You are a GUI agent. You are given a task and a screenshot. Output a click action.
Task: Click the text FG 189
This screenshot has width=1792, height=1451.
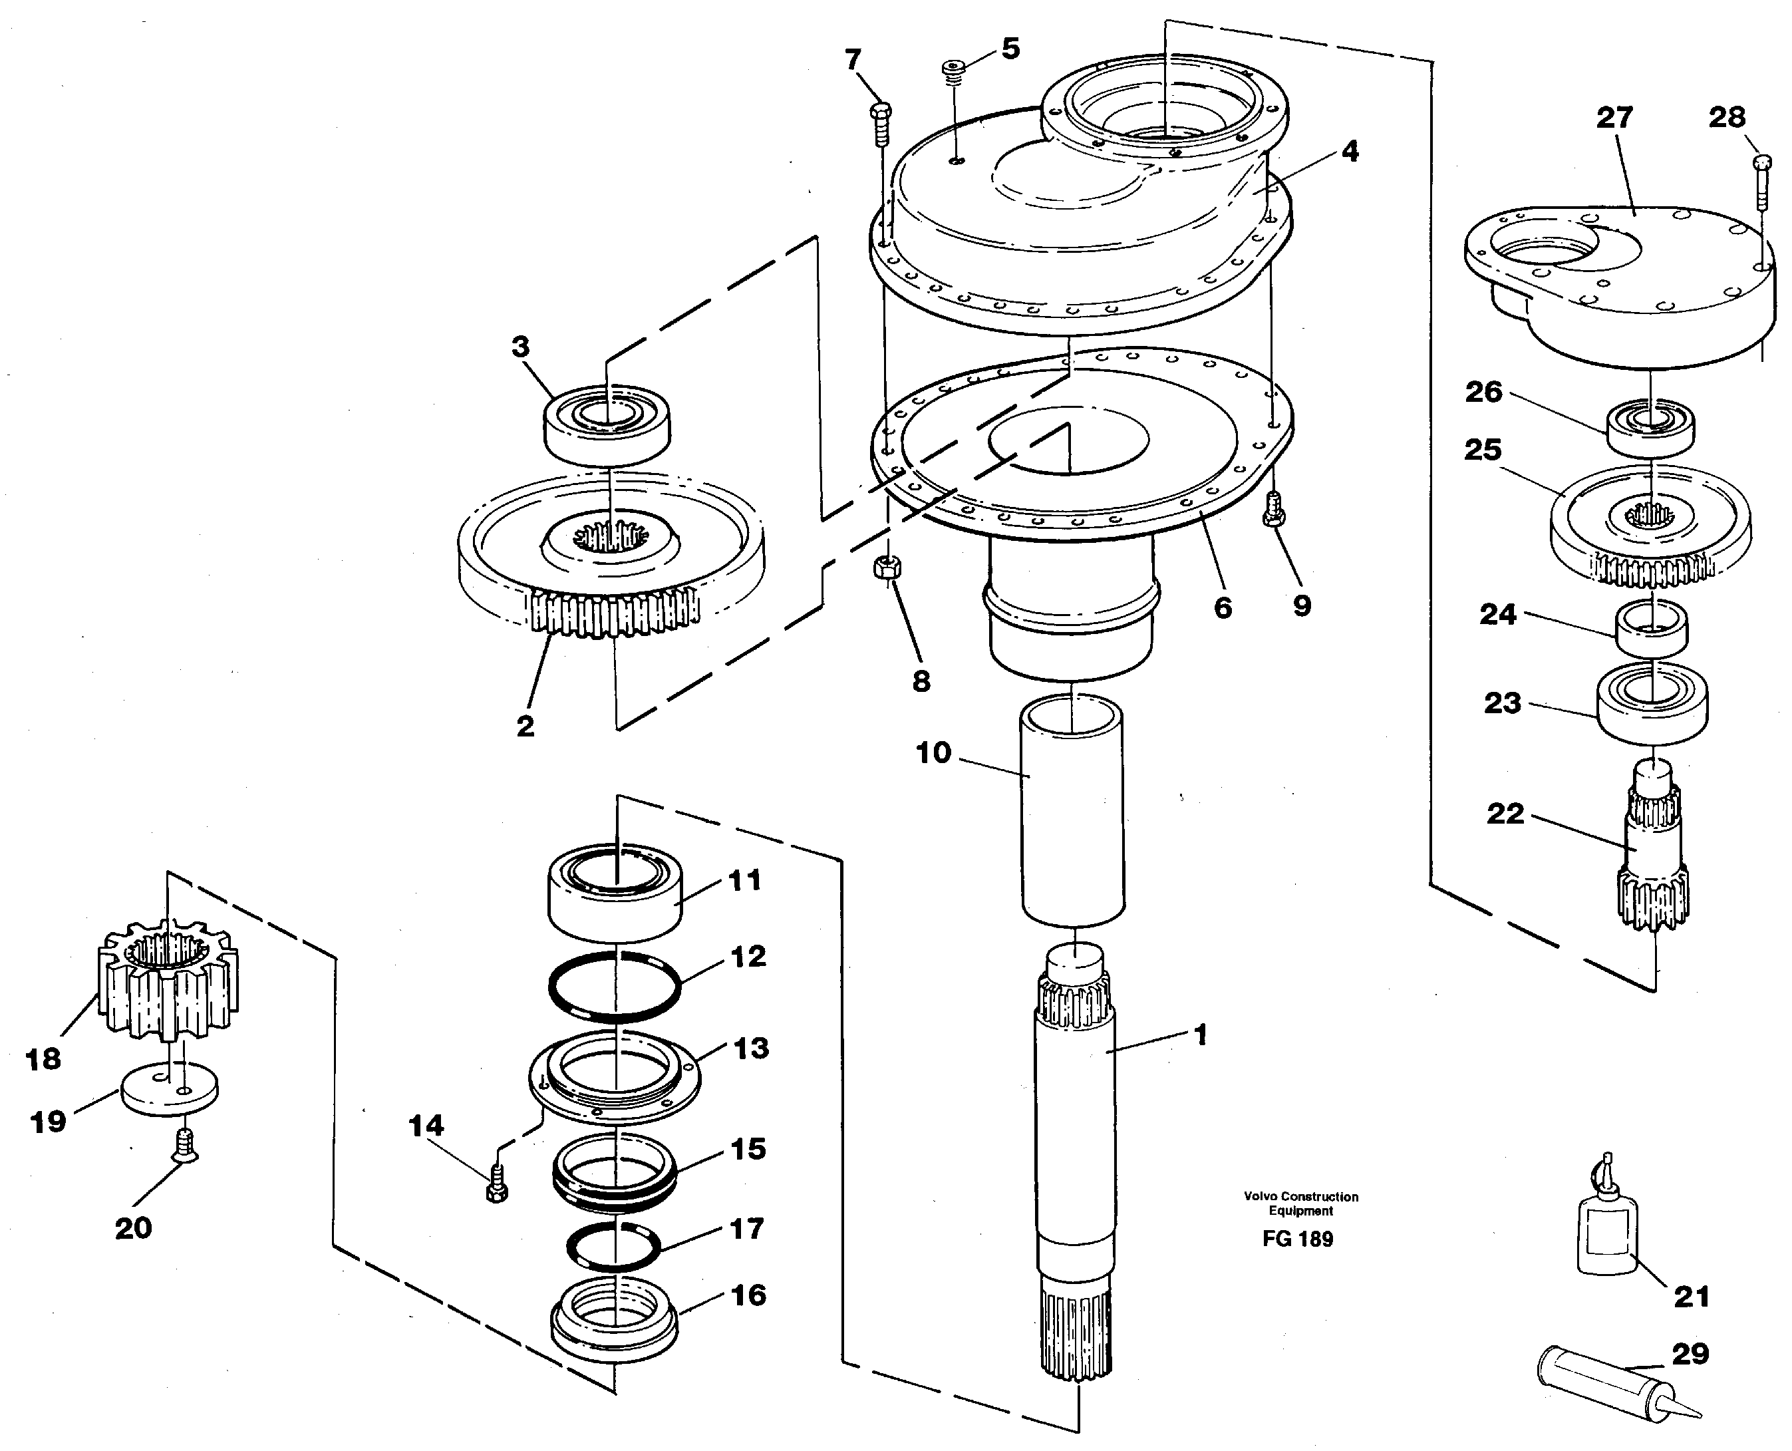point(1297,1239)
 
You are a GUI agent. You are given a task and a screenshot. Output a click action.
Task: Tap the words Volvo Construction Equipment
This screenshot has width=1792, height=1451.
point(1300,1203)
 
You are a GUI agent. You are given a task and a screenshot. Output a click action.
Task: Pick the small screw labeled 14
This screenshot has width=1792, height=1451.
point(496,1185)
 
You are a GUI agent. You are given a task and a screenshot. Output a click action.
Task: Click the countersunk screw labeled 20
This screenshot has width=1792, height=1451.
point(184,1144)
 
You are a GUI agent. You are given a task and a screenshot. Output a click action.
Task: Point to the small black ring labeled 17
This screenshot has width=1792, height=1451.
point(615,1246)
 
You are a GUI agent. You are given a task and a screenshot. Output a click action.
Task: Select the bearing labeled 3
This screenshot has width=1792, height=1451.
point(607,423)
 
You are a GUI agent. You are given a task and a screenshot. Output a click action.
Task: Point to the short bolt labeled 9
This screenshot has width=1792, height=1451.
point(1274,508)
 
